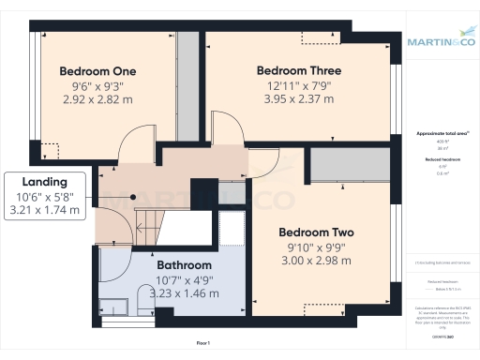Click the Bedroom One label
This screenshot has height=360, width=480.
pyautogui.click(x=98, y=71)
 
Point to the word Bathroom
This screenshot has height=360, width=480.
pyautogui.click(x=184, y=266)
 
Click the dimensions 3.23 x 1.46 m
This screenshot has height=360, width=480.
pyautogui.click(x=184, y=292)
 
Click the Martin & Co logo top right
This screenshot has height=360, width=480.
pyautogui.click(x=440, y=40)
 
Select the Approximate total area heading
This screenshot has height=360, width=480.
pyautogui.click(x=440, y=134)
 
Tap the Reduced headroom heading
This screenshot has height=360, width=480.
pyautogui.click(x=440, y=160)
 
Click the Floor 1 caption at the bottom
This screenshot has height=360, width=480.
pyautogui.click(x=202, y=344)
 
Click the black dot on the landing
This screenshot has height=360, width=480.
pyautogui.click(x=133, y=197)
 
